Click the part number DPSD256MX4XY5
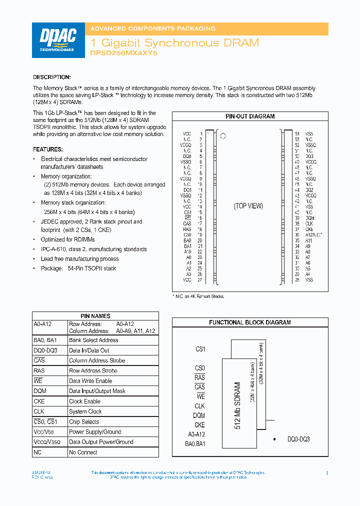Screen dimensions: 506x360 click(x=123, y=52)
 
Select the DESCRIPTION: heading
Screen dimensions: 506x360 click(x=52, y=77)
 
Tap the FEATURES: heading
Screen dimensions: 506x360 click(x=48, y=149)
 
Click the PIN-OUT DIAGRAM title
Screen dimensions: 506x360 click(x=250, y=116)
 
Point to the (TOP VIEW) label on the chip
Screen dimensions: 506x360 click(x=248, y=206)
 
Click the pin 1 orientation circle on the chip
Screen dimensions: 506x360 click(x=223, y=136)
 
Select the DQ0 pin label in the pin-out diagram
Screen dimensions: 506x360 click(x=187, y=156)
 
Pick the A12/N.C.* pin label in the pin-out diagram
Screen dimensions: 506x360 click(x=314, y=234)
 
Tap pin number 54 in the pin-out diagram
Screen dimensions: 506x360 click(x=297, y=134)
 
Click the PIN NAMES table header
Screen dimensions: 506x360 click(x=95, y=316)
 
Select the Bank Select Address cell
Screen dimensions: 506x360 click(x=93, y=340)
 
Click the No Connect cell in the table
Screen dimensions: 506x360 click(x=83, y=452)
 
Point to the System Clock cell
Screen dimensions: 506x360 click(x=85, y=411)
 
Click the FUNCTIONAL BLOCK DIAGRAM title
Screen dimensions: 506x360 click(x=250, y=322)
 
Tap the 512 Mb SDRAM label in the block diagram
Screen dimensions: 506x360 click(x=238, y=405)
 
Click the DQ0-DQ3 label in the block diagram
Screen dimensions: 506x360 click(x=298, y=439)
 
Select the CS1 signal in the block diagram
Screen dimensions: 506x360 click(x=200, y=349)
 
